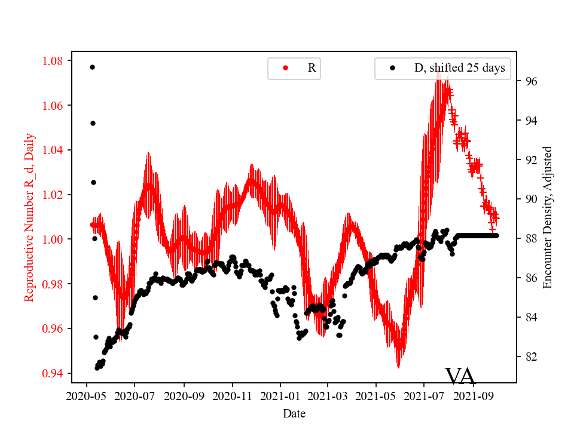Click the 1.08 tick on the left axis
click(x=54, y=61)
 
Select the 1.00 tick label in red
click(x=54, y=239)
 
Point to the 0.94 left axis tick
click(x=54, y=374)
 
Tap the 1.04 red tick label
click(x=54, y=150)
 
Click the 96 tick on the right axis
click(x=529, y=81)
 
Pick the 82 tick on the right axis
click(x=529, y=357)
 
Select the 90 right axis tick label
click(x=529, y=199)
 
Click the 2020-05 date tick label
click(x=87, y=395)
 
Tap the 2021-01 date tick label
click(x=280, y=395)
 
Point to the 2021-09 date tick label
click(x=473, y=395)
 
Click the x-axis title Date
click(x=294, y=413)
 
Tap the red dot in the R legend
click(x=285, y=68)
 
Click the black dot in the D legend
click(x=392, y=68)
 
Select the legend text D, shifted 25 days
click(x=459, y=68)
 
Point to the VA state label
click(x=460, y=376)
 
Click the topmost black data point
click(x=92, y=67)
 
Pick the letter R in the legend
click(x=312, y=68)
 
